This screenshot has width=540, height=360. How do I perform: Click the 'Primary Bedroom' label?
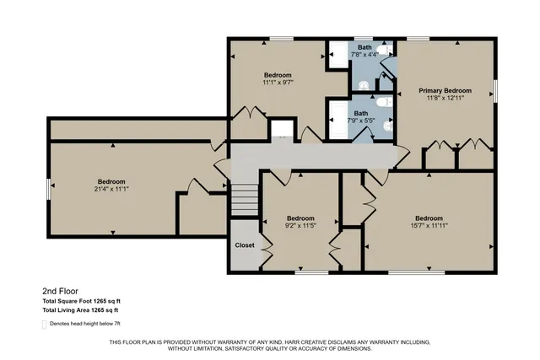[445, 90]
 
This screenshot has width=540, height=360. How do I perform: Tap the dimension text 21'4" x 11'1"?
[111, 189]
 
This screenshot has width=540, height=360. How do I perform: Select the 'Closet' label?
[245, 245]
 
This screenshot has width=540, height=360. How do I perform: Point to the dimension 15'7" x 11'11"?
[429, 224]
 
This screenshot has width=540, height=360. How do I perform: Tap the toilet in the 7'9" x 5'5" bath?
[382, 102]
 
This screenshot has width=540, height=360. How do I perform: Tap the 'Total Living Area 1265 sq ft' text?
[82, 310]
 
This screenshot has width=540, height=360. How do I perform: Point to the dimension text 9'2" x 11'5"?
[300, 224]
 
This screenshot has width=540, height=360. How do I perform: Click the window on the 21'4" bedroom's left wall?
[48, 187]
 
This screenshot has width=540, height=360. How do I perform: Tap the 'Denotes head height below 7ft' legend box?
[45, 323]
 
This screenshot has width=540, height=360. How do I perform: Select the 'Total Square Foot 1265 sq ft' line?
[82, 301]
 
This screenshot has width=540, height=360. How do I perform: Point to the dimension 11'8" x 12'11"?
[445, 98]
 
